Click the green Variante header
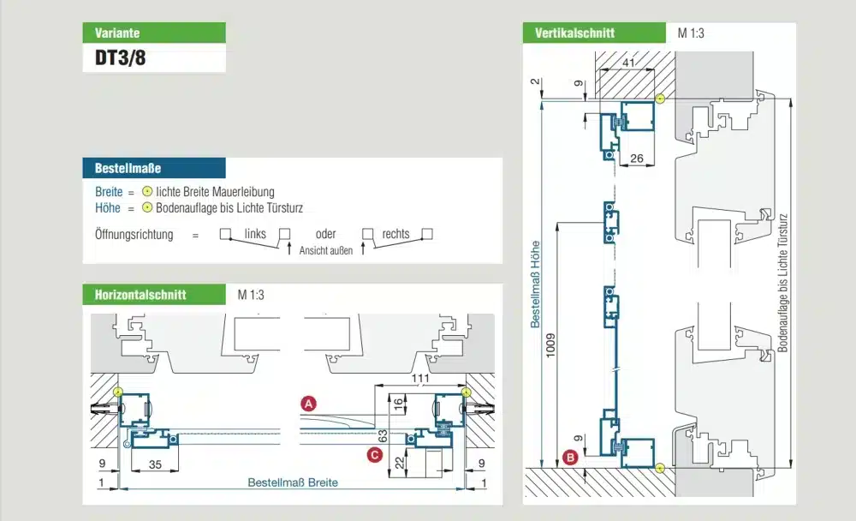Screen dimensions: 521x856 154,33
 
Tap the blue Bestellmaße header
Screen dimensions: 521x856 154,168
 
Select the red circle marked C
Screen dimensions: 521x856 374,455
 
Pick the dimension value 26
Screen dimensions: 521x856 636,159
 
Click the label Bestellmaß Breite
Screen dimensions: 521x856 293,482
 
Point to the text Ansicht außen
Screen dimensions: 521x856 326,250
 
